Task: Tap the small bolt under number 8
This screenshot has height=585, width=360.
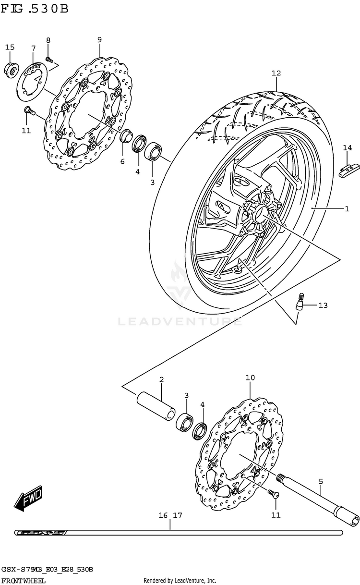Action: [x=48, y=60]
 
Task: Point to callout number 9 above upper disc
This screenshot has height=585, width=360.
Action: [x=99, y=39]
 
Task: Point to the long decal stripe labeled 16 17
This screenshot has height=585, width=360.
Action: [x=178, y=532]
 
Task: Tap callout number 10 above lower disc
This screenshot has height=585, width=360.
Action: [x=250, y=378]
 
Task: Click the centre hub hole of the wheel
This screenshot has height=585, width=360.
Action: [x=259, y=212]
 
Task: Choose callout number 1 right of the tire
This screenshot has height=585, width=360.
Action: [x=346, y=208]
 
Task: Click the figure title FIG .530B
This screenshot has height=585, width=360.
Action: [x=35, y=9]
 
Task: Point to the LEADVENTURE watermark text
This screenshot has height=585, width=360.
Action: [x=180, y=320]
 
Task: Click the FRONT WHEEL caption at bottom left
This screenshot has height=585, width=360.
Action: [x=23, y=580]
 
